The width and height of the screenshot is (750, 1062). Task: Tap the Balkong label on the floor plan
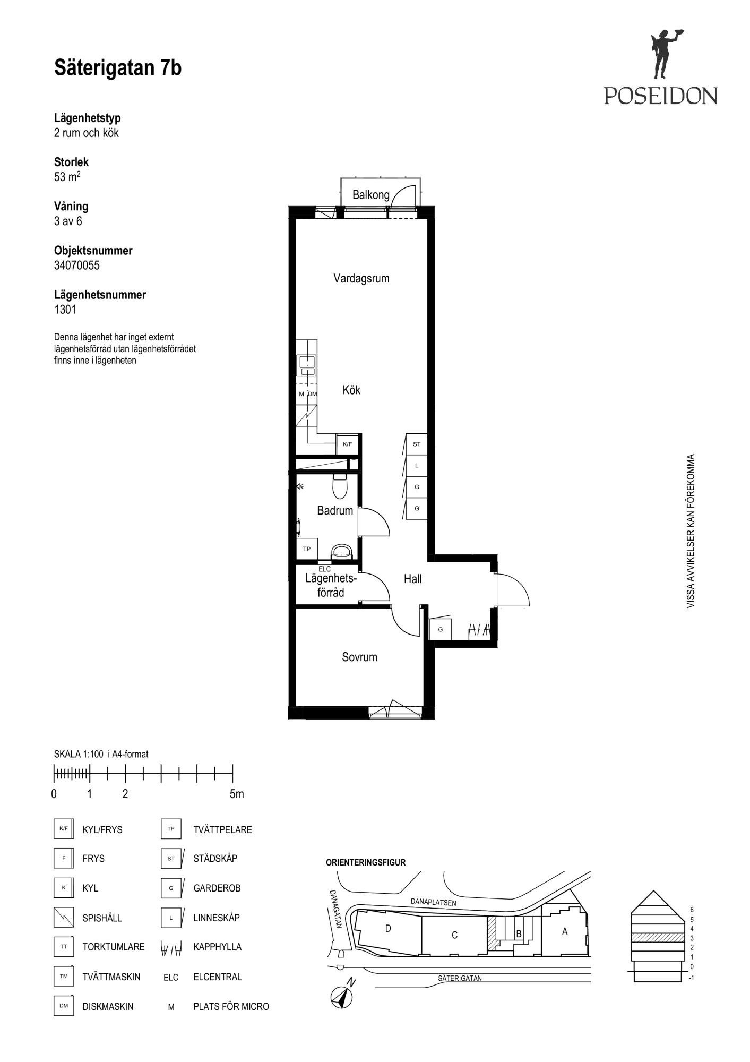pyautogui.click(x=371, y=195)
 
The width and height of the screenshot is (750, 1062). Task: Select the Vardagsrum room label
pyautogui.click(x=361, y=278)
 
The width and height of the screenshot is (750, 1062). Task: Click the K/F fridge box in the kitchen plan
pyautogui.click(x=347, y=444)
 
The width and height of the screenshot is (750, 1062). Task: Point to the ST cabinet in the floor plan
pyautogui.click(x=417, y=444)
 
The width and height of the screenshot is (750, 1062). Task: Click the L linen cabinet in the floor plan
pyautogui.click(x=417, y=466)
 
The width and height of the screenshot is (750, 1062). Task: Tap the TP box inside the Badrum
pyautogui.click(x=307, y=549)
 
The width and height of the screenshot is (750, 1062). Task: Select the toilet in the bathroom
pyautogui.click(x=339, y=485)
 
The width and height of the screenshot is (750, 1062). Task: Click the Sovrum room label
pyautogui.click(x=359, y=657)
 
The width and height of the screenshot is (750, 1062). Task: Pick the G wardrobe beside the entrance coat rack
pyautogui.click(x=441, y=630)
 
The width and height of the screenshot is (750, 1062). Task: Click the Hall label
pyautogui.click(x=412, y=579)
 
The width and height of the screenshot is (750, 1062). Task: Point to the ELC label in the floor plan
pyautogui.click(x=324, y=569)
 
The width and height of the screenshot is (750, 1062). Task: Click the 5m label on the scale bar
pyautogui.click(x=237, y=794)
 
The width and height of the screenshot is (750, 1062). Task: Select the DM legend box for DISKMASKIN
pyautogui.click(x=64, y=1006)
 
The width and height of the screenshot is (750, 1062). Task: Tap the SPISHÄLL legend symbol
pyautogui.click(x=64, y=917)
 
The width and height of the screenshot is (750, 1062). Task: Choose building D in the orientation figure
pyautogui.click(x=388, y=929)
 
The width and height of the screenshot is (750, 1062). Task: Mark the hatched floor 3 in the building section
pyautogui.click(x=657, y=938)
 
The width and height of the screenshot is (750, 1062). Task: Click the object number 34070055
pyautogui.click(x=77, y=265)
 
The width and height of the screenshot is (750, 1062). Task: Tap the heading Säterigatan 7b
pyautogui.click(x=118, y=68)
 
